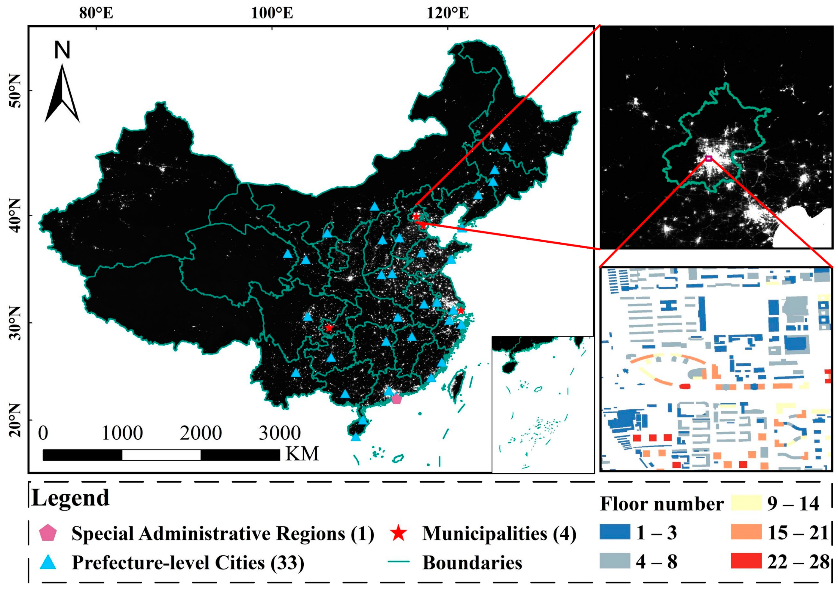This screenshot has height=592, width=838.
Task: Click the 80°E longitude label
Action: pyautogui.click(x=96, y=13)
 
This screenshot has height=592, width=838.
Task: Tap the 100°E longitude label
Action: pyautogui.click(x=272, y=13)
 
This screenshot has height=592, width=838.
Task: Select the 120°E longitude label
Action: pyautogui.click(x=448, y=13)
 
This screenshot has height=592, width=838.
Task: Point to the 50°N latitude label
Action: pyautogui.click(x=15, y=91)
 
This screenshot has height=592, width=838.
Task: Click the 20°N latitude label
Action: pyautogui.click(x=15, y=420)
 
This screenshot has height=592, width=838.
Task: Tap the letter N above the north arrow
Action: pyautogui.click(x=62, y=50)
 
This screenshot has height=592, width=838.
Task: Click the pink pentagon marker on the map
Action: pyautogui.click(x=397, y=399)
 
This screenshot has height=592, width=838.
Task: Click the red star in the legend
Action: pyautogui.click(x=398, y=533)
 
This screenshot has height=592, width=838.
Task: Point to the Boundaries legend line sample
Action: pyautogui.click(x=398, y=563)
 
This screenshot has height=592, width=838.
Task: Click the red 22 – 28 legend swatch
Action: pyautogui.click(x=746, y=561)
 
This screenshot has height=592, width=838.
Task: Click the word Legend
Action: pyautogui.click(x=70, y=497)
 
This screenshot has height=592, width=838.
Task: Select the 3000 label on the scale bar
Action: pyautogui.click(x=280, y=433)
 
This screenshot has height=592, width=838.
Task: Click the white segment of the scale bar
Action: pyautogui.click(x=161, y=455)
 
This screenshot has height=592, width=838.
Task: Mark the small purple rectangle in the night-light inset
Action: pyautogui.click(x=708, y=158)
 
